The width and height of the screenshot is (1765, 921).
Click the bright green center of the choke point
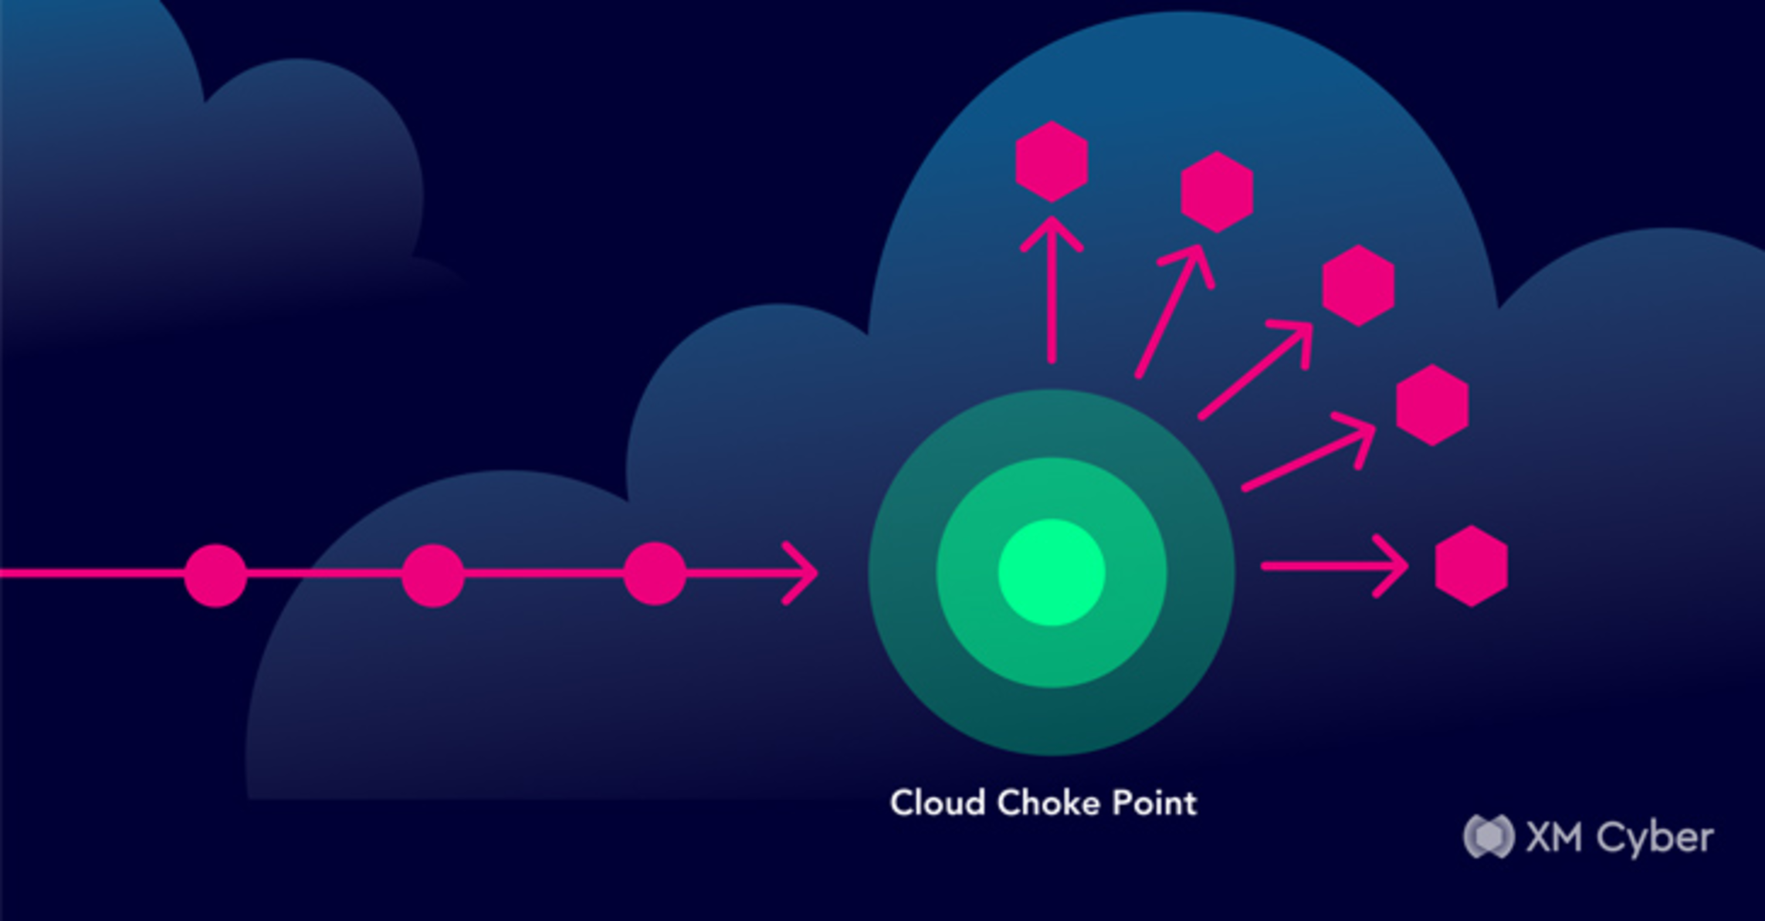1052,572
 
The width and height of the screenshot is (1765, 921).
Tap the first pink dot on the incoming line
215,575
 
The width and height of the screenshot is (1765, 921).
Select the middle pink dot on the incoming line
433,575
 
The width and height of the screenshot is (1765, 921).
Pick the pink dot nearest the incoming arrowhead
655,574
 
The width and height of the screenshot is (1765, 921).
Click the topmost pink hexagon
1052,161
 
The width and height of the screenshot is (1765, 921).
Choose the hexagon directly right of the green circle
1471,566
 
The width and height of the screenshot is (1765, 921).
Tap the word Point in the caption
1154,803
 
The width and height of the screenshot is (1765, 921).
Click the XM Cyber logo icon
1488,836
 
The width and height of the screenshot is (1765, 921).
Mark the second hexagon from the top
1217,192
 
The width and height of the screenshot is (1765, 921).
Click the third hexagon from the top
1358,286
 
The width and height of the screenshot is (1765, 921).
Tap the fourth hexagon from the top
1432,405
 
